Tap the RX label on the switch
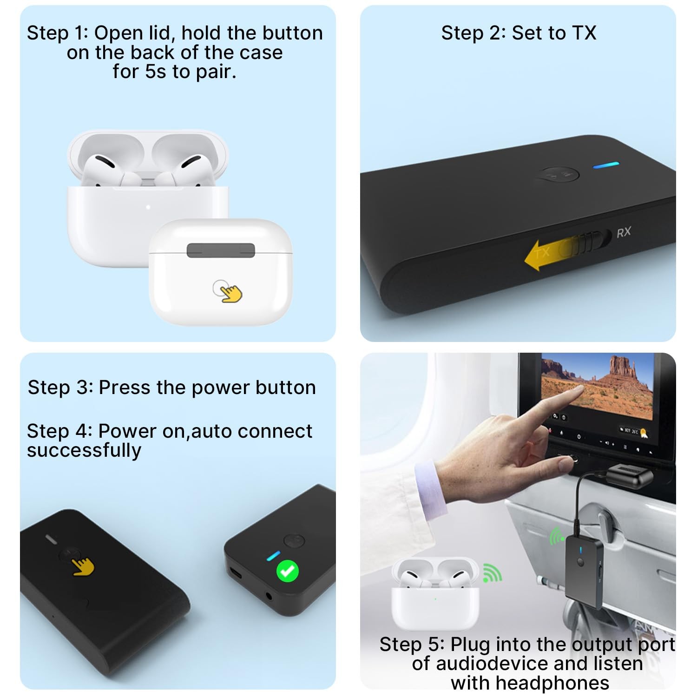[x=624, y=232]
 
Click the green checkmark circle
[x=288, y=571]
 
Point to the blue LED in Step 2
[x=606, y=165]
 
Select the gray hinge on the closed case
[x=221, y=250]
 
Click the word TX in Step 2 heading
[x=584, y=33]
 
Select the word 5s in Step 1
[x=156, y=72]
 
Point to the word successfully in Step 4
[x=84, y=450]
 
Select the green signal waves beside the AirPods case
[x=492, y=572]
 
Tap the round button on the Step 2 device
[x=558, y=175]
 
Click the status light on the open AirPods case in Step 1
[x=148, y=207]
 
